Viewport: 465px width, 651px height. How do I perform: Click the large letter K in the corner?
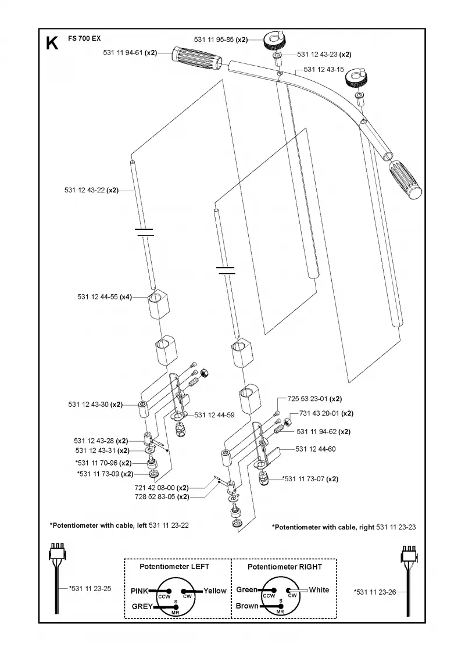(52, 43)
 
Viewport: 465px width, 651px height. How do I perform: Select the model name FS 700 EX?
(84, 38)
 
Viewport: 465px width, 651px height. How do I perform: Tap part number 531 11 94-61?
(123, 53)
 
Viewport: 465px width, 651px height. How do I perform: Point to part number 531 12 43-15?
(324, 69)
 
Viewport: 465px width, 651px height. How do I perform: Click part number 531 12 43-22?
(85, 190)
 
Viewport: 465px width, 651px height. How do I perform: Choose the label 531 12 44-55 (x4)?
(105, 297)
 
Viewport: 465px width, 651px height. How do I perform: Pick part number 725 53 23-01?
(307, 399)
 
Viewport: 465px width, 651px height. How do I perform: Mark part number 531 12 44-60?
(316, 449)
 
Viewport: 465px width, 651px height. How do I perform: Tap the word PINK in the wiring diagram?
(139, 591)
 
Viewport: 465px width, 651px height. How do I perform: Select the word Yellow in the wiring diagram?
(215, 591)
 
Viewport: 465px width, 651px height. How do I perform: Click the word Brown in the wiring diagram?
(247, 606)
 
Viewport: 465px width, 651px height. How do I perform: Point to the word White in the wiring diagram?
(319, 589)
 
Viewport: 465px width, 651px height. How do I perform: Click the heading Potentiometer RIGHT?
(285, 567)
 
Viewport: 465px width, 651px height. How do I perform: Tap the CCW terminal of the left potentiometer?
(164, 596)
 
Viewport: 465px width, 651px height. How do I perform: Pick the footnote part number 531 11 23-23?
(396, 527)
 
